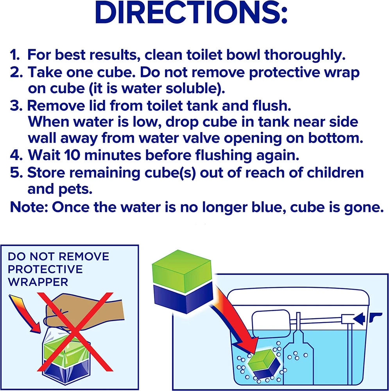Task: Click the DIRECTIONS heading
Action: (191, 13)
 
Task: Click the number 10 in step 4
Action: (72, 155)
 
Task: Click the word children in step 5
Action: (335, 172)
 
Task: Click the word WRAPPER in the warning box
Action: (38, 282)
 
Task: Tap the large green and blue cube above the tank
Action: (182, 281)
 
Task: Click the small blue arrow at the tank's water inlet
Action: (359, 318)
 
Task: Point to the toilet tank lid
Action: (298, 298)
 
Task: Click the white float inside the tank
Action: (271, 321)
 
